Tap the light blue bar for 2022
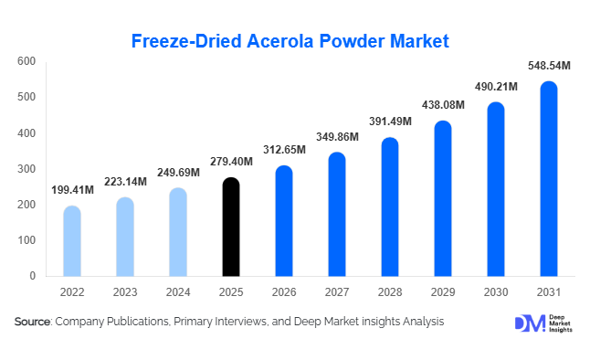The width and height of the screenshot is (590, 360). click(x=72, y=241)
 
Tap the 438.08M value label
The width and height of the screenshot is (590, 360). click(x=441, y=105)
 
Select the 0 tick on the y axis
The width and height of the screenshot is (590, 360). click(x=32, y=276)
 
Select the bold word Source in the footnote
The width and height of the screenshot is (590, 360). click(x=33, y=322)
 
